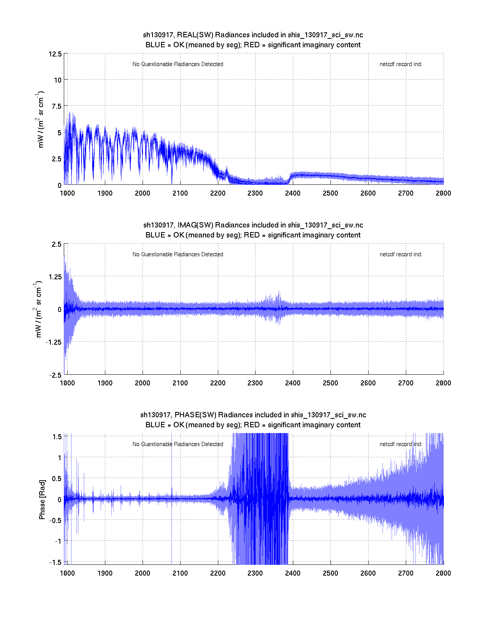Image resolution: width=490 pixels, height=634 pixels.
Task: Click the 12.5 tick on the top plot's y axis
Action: (55, 54)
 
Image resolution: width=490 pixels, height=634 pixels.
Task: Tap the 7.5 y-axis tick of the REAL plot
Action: (56, 106)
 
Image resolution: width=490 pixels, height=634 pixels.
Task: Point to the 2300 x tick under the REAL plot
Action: (255, 193)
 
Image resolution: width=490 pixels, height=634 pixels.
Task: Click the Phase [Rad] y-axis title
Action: (42, 500)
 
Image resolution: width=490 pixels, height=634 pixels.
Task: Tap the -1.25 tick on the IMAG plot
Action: (53, 342)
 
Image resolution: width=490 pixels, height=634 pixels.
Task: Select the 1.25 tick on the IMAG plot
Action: (54, 277)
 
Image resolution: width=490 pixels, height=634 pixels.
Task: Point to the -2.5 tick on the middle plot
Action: (55, 375)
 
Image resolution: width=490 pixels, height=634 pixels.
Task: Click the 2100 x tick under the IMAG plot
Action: (180, 383)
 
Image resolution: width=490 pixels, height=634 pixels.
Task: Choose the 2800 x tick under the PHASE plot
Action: (443, 573)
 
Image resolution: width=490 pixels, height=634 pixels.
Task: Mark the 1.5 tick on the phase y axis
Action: (57, 436)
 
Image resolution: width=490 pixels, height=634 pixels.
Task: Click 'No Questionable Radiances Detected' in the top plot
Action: (178, 64)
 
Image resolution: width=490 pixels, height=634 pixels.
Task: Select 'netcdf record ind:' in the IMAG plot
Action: (400, 254)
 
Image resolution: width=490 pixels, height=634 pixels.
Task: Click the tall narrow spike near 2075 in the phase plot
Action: (171, 461)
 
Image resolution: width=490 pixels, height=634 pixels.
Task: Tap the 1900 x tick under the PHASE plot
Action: (105, 573)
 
